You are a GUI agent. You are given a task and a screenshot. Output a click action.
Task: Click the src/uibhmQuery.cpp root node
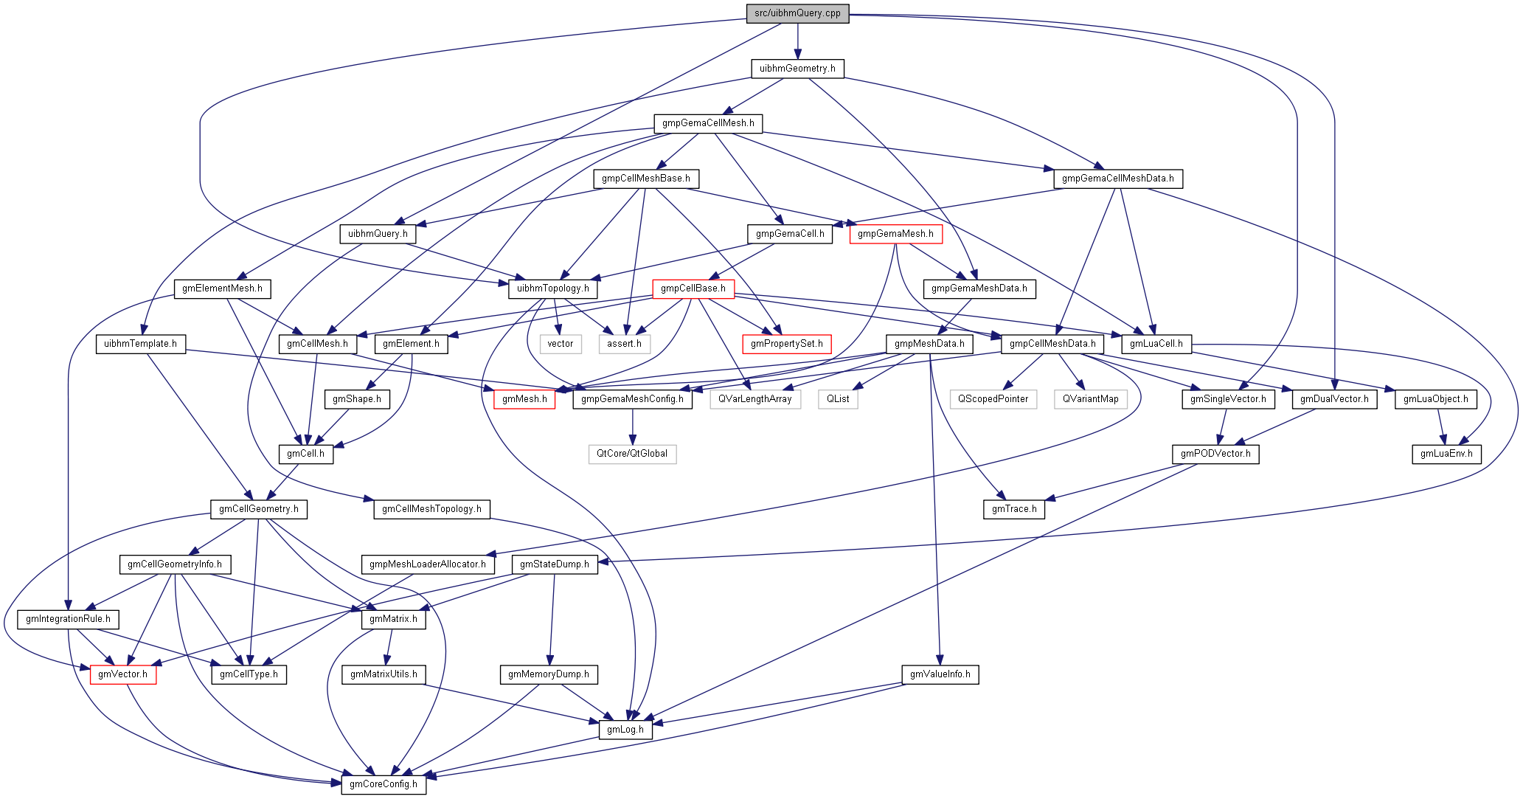tap(797, 13)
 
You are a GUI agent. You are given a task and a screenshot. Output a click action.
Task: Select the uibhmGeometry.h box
tap(797, 69)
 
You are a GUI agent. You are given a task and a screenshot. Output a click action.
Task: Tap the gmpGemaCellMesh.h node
tap(708, 123)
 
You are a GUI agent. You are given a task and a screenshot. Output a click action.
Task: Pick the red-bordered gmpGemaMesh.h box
tap(895, 234)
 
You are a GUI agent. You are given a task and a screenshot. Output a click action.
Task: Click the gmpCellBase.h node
tap(693, 288)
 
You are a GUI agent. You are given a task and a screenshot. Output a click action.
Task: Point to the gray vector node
tap(561, 344)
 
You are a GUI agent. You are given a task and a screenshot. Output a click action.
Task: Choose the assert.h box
tap(624, 344)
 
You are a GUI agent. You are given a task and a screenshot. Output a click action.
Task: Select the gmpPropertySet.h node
tap(787, 344)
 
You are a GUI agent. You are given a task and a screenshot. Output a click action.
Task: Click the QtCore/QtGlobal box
tap(632, 454)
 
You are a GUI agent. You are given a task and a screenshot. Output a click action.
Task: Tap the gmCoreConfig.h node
tap(384, 784)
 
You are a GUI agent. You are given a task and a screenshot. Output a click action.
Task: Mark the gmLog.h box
tap(625, 730)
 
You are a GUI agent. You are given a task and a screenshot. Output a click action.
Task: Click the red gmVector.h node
tap(123, 674)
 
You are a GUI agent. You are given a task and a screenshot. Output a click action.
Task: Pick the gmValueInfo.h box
tap(940, 674)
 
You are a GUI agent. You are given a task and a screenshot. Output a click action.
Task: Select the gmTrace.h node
tap(1014, 509)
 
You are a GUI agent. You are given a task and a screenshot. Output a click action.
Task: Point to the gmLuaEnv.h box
tap(1446, 454)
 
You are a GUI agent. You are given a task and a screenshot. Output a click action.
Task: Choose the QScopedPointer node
tap(993, 399)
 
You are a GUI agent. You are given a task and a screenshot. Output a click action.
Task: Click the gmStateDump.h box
tap(555, 564)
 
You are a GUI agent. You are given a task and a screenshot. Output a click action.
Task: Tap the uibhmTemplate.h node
tap(140, 344)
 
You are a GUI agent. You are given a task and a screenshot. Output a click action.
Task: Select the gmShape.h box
tap(357, 399)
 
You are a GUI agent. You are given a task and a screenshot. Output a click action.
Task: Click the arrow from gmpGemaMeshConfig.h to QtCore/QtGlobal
tap(632, 426)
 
